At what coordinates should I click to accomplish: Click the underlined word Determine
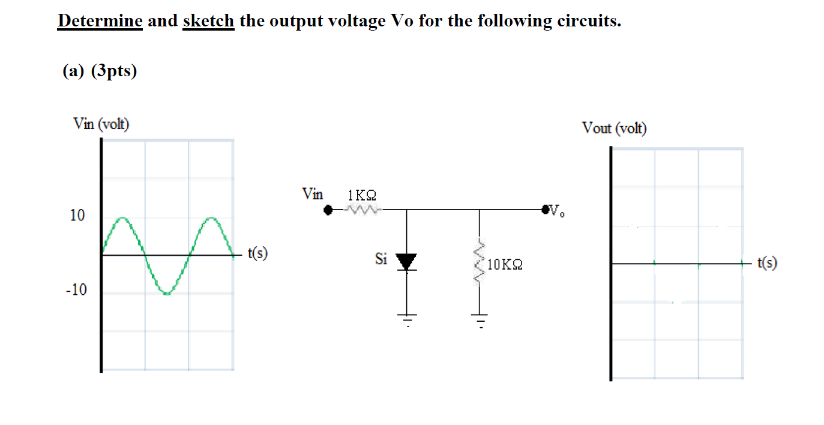click(x=100, y=22)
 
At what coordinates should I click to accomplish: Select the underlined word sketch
click(x=208, y=22)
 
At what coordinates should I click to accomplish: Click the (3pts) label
click(x=113, y=71)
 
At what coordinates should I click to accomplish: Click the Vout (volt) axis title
click(x=614, y=128)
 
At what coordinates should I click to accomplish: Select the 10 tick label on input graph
click(x=77, y=216)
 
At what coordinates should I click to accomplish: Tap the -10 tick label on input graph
click(x=76, y=291)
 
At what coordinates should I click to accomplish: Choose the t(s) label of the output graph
click(x=768, y=262)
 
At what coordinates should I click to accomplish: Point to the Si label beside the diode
click(x=380, y=259)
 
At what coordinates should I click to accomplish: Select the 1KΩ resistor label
click(x=362, y=196)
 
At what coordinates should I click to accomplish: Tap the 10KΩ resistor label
click(x=505, y=264)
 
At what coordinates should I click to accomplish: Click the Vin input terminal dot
click(x=328, y=211)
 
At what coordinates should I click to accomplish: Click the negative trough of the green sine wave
click(x=167, y=292)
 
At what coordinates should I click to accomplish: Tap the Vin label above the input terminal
click(x=312, y=194)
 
